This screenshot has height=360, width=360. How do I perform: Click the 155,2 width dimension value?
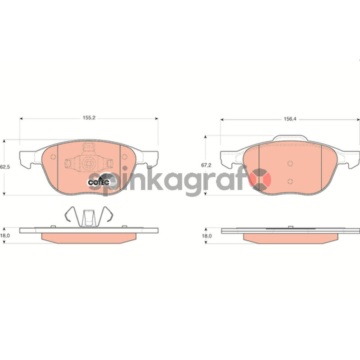pyautogui.click(x=89, y=118)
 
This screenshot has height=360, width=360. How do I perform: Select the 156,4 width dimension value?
pyautogui.click(x=290, y=119)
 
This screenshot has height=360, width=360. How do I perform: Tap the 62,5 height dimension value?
pyautogui.click(x=5, y=167)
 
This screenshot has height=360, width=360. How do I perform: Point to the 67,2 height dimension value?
pyautogui.click(x=206, y=165)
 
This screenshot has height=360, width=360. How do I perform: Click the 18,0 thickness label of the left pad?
pyautogui.click(x=5, y=235)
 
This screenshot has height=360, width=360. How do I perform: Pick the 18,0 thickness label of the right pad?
pyautogui.click(x=207, y=236)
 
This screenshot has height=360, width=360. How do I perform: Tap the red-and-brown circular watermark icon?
pyautogui.click(x=261, y=179)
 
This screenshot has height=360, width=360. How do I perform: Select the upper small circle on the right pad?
pyautogui.click(x=290, y=163)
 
